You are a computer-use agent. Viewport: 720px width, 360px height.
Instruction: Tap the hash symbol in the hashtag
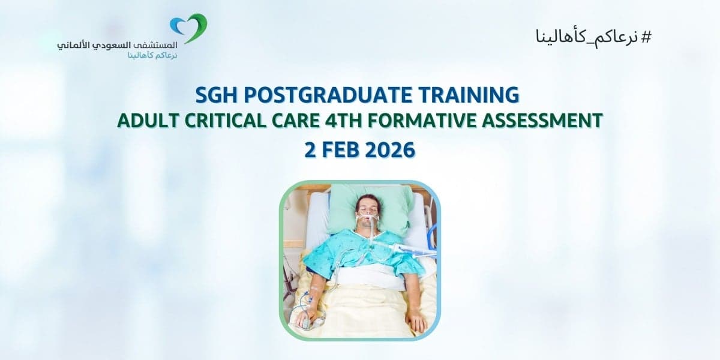646,37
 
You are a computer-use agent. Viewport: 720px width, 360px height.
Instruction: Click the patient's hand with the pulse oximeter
313,317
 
